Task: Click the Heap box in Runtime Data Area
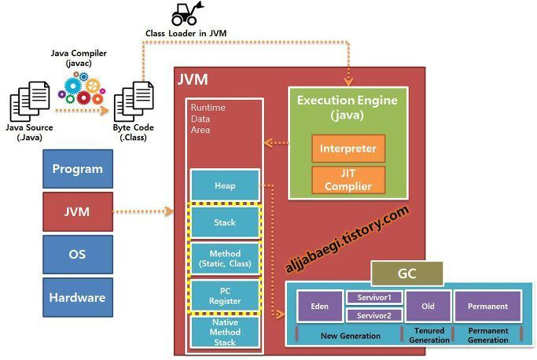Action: (x=225, y=185)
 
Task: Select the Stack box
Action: (x=225, y=222)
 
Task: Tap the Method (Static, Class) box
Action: (x=225, y=259)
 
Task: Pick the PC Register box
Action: (x=225, y=295)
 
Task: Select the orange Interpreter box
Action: (x=348, y=148)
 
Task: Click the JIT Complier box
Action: (x=348, y=180)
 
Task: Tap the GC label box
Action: (x=407, y=274)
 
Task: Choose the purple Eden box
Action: (x=319, y=306)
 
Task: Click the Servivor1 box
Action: (x=374, y=297)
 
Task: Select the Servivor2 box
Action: (x=374, y=315)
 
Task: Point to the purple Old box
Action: (x=428, y=306)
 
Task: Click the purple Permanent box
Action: (x=487, y=306)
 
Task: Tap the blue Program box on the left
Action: (x=77, y=169)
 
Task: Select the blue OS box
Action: (x=77, y=255)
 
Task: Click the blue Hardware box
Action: (x=77, y=297)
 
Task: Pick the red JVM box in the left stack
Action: (x=77, y=211)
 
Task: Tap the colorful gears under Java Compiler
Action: (x=83, y=88)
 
